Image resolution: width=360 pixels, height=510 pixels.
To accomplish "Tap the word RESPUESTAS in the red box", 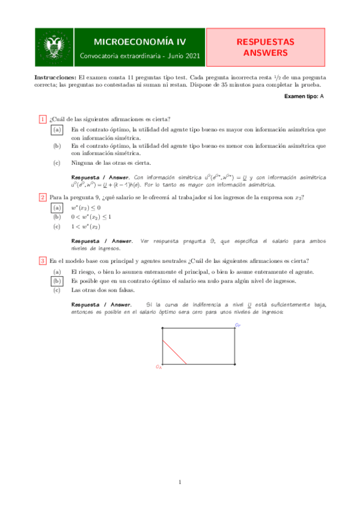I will [265, 42].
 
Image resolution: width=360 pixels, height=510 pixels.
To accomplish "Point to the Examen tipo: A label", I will [305, 96].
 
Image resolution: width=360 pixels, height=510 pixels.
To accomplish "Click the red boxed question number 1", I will [43, 118].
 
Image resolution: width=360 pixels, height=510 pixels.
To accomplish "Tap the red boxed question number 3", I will [43, 260].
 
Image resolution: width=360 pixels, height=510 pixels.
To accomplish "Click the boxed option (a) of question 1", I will [57, 129].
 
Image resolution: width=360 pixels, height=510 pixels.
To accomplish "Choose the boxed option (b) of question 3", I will [57, 281].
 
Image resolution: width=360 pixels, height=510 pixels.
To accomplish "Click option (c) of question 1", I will [57, 162].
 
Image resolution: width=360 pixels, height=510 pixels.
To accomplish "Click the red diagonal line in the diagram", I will [174, 352].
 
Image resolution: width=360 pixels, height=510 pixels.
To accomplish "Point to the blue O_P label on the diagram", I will [238, 325].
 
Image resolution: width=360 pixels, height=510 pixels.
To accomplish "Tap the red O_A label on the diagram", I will [158, 366].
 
